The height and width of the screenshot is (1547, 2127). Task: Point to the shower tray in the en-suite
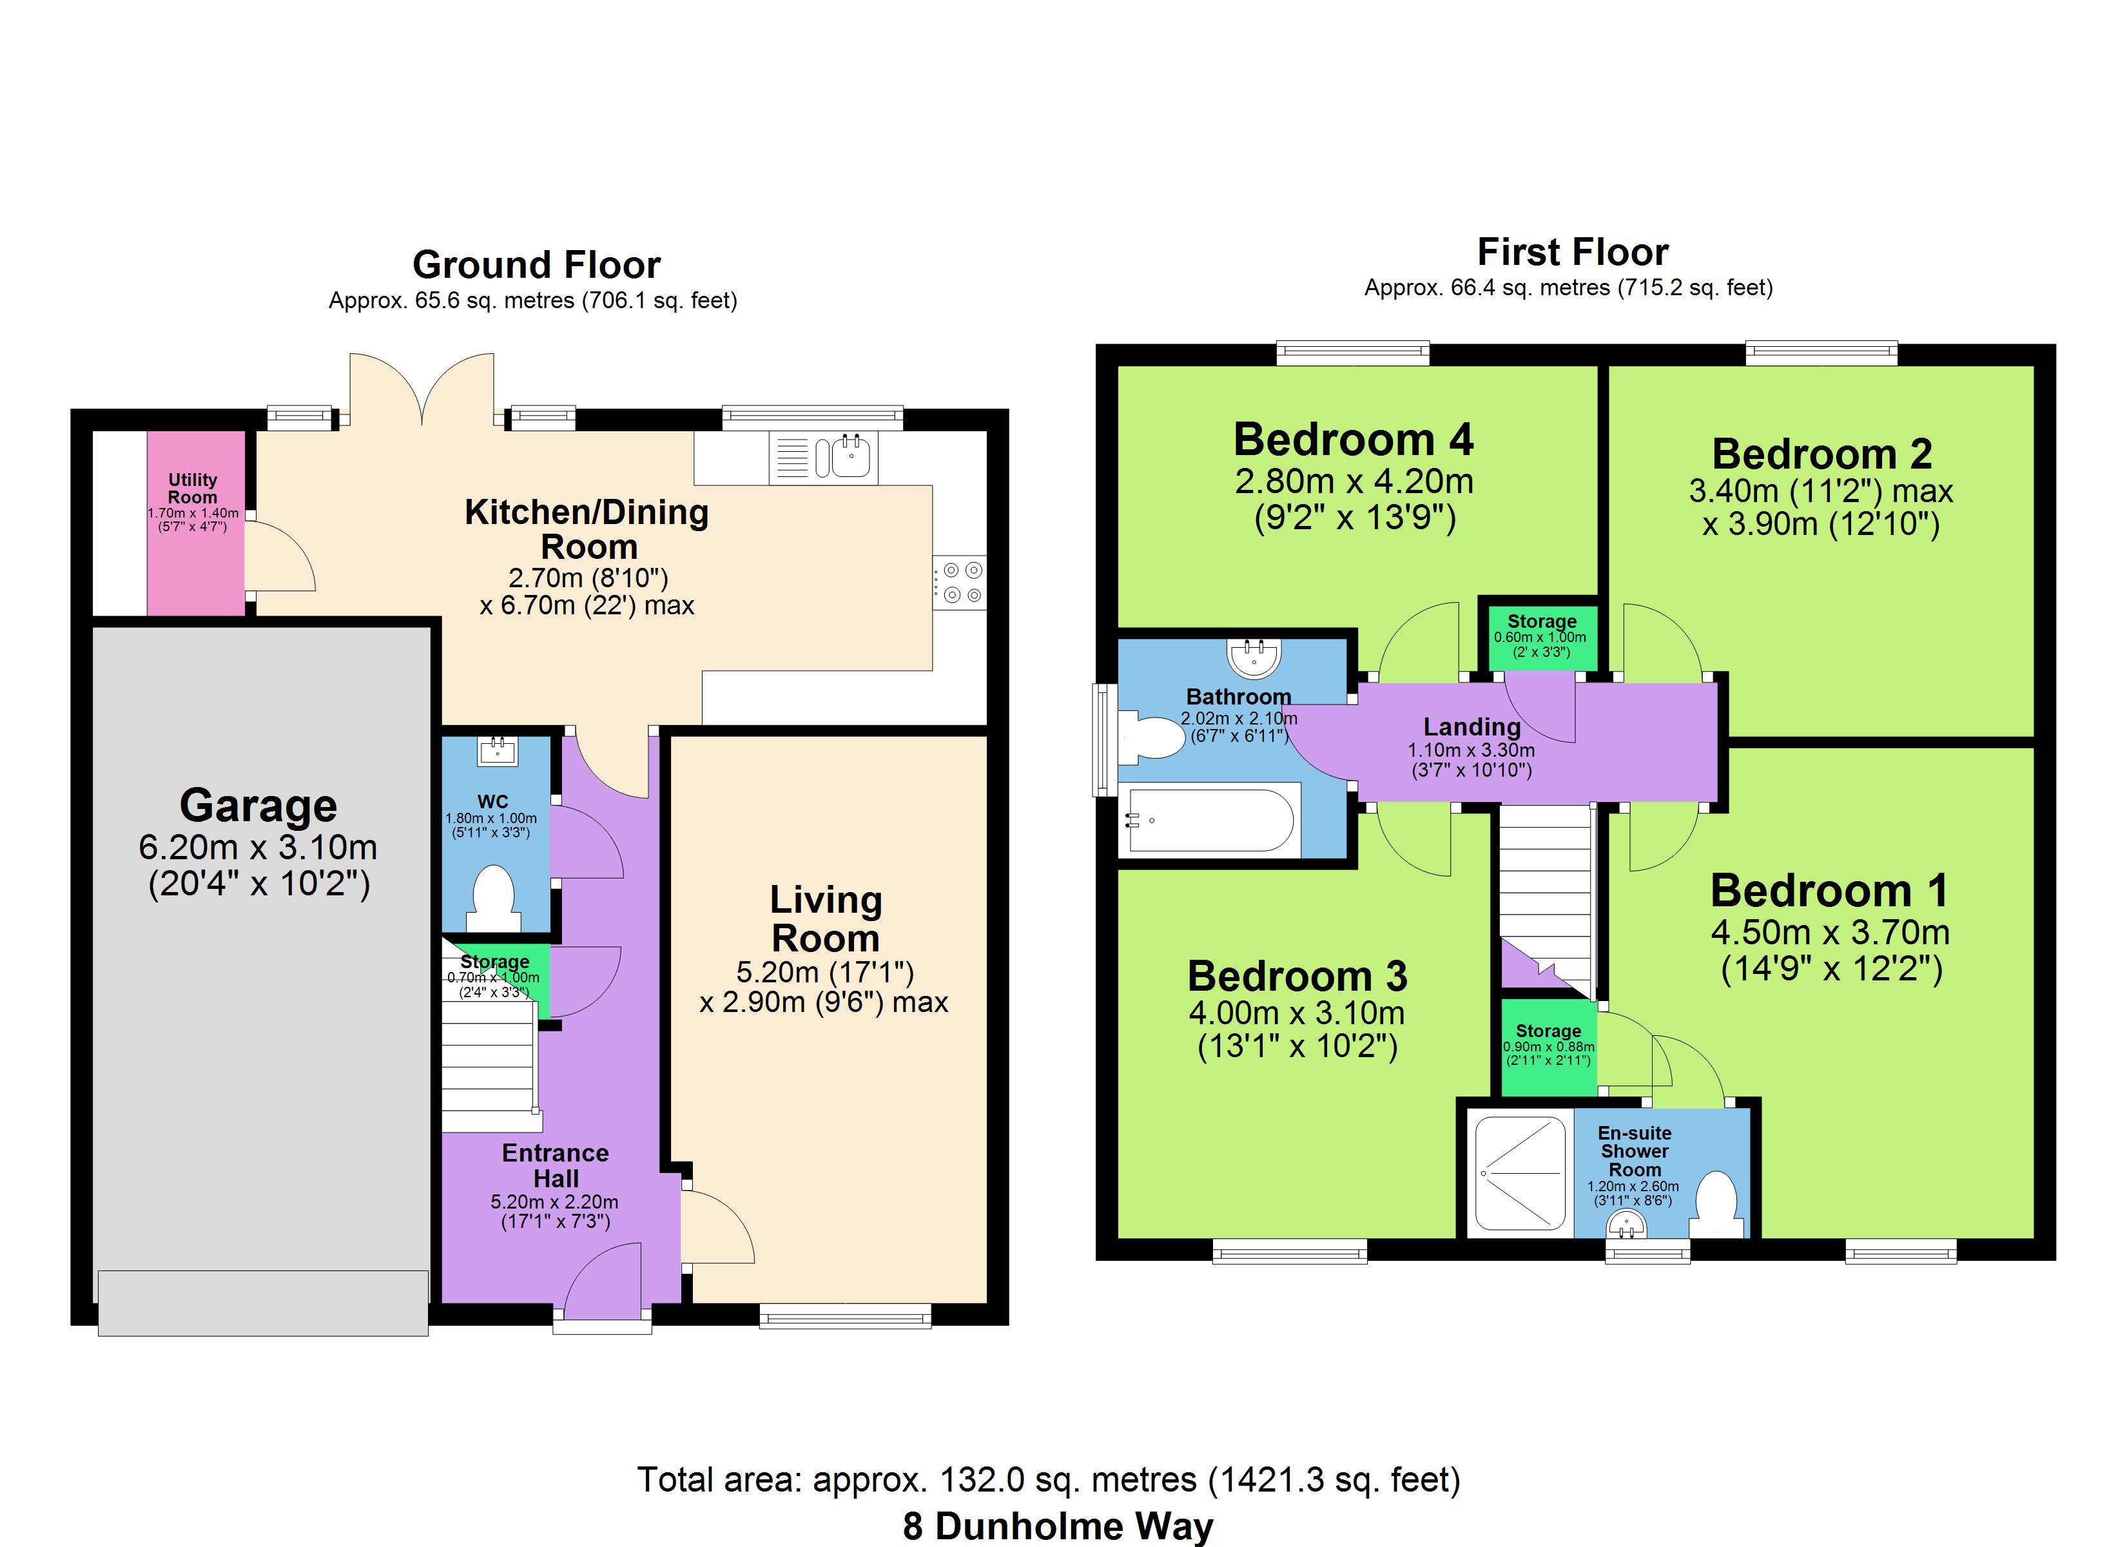(x=1520, y=1174)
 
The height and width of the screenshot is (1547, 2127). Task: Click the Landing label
(x=1471, y=727)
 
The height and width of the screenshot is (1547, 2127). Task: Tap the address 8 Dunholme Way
(x=1058, y=1526)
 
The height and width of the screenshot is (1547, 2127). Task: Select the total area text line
(x=1049, y=1479)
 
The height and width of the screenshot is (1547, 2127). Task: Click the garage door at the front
(x=264, y=1303)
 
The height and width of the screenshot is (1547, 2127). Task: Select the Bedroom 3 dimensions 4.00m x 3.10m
(x=1297, y=1013)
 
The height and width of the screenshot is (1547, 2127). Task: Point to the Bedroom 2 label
(x=1822, y=454)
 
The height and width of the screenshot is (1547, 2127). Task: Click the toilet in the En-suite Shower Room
(x=1717, y=1203)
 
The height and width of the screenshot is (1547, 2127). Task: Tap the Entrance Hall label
(x=555, y=1166)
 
